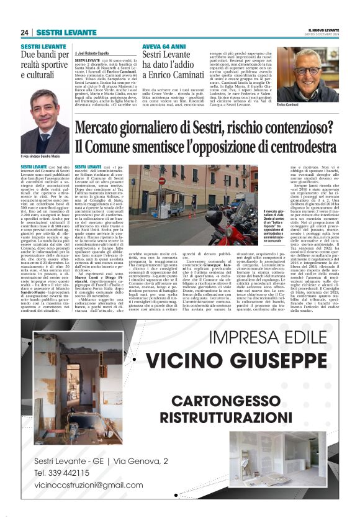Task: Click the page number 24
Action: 24,32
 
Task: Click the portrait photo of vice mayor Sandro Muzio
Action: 44,121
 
